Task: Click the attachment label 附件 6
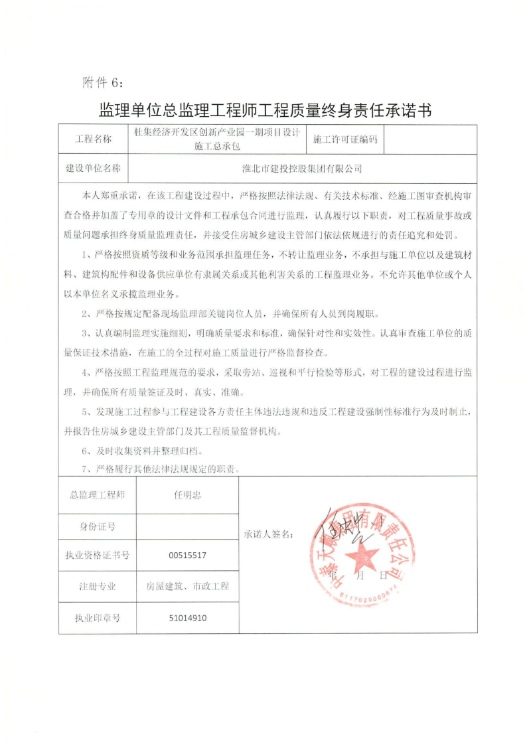pyautogui.click(x=102, y=82)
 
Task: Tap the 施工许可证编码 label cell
pyautogui.click(x=344, y=139)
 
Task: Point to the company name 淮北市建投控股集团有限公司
pyautogui.click(x=302, y=168)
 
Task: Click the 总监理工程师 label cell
pyautogui.click(x=98, y=494)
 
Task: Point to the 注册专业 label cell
pyautogui.click(x=98, y=586)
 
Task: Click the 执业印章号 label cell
pyautogui.click(x=98, y=617)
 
